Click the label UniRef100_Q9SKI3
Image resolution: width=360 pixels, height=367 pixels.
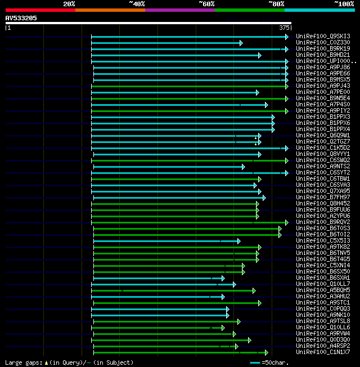[x=323, y=37]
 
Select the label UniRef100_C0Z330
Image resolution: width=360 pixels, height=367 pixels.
[x=323, y=43]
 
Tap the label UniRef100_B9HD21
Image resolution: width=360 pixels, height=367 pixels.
[x=323, y=55]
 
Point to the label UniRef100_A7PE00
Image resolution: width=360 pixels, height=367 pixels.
[x=323, y=92]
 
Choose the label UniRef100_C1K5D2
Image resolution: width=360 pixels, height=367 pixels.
[x=323, y=148]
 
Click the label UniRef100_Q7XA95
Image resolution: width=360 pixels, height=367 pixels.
[x=323, y=191]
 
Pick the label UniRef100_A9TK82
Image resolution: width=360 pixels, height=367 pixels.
[x=323, y=247]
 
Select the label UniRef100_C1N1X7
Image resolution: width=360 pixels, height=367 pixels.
[x=323, y=352]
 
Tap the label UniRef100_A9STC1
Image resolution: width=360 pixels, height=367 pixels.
[x=323, y=303]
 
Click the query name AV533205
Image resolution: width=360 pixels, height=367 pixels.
[x=21, y=18]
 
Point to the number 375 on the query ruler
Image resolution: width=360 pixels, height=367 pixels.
[x=284, y=28]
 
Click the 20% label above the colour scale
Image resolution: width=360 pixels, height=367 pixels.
[x=69, y=4]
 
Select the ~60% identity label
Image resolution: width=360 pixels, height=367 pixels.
[x=206, y=4]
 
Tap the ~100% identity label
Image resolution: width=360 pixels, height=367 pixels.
[x=344, y=4]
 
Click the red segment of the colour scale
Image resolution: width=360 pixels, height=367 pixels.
[x=40, y=10]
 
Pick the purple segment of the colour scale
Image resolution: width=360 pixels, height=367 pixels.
[x=179, y=10]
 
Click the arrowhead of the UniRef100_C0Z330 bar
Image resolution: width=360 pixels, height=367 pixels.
[x=241, y=43]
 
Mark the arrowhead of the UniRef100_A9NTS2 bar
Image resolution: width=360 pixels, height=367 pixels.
[x=243, y=167]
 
